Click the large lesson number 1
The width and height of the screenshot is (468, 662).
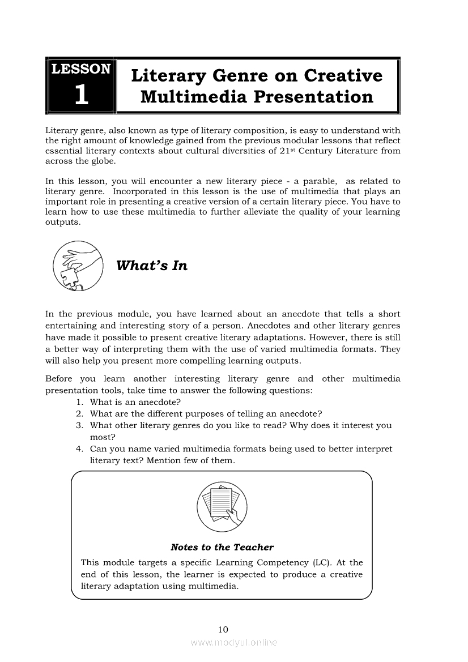[81, 95]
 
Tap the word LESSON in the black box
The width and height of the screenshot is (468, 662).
[81, 69]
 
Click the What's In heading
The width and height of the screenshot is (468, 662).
[151, 266]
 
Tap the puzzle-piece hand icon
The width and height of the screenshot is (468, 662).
[78, 266]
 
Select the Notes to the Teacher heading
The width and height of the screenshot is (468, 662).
[222, 547]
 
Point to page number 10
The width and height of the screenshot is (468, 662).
[222, 629]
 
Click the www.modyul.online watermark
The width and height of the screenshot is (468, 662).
[233, 643]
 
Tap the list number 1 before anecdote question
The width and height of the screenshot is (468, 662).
[79, 402]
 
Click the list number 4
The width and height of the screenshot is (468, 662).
[79, 449]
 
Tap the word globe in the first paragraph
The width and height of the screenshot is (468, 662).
[102, 161]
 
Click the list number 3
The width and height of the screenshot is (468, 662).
[79, 425]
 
